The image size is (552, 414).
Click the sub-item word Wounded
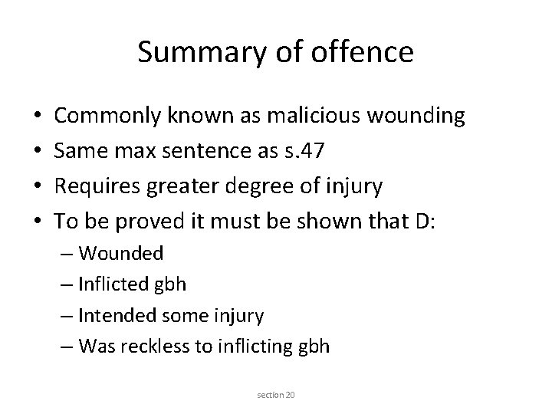coord(121,252)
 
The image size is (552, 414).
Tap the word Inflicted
coord(117,284)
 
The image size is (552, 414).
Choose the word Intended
coord(120,314)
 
